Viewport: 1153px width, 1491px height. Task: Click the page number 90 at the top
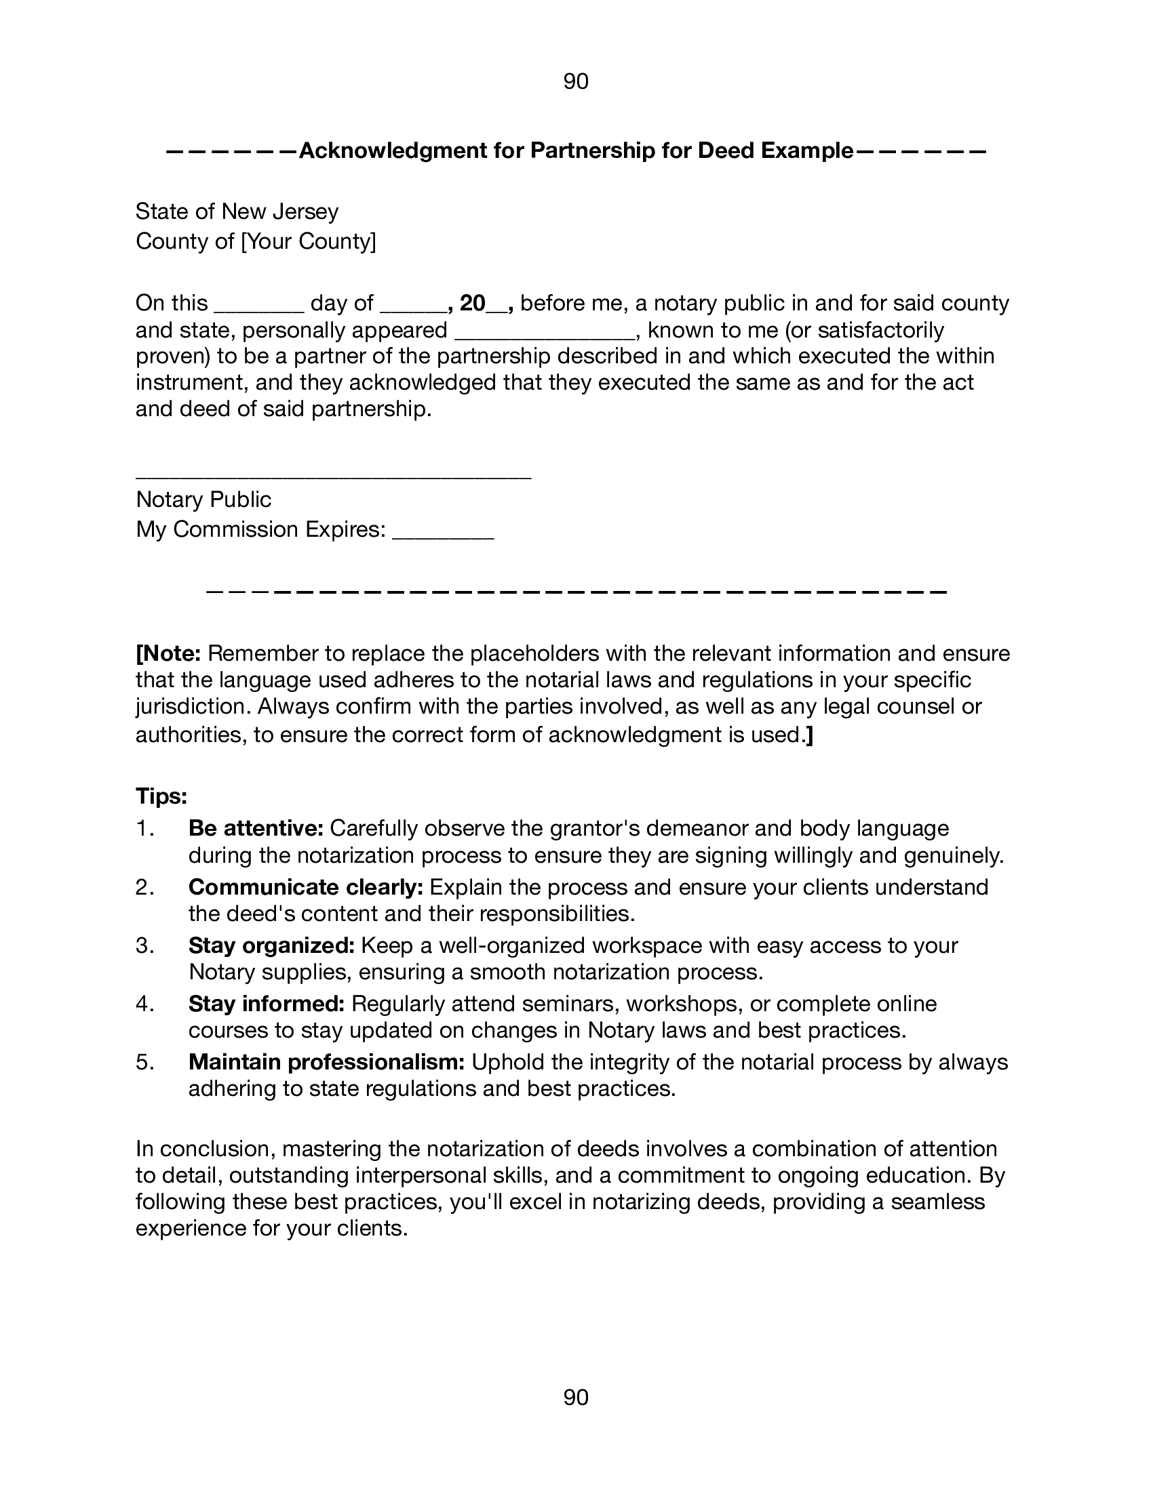pos(576,82)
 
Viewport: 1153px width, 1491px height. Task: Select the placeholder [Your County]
pos(309,241)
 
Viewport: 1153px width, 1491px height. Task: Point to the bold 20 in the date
pos(472,302)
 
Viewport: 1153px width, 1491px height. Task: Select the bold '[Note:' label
pos(168,653)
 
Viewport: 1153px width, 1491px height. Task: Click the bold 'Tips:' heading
pos(161,796)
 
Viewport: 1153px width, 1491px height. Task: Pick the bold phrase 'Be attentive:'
pos(256,828)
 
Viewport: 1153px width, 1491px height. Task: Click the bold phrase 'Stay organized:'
pos(271,945)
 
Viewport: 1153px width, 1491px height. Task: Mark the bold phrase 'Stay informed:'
pos(267,1004)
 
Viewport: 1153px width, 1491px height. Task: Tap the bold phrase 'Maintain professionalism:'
pos(326,1062)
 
